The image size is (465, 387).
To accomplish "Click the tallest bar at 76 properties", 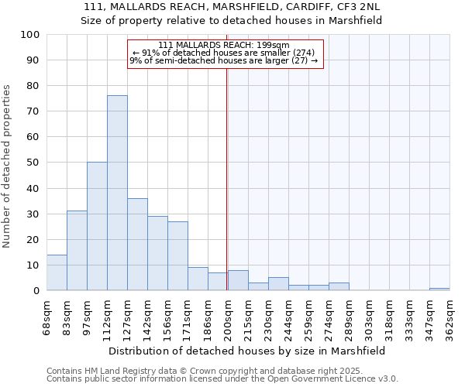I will click(117, 193).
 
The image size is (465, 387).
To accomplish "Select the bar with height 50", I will click(97, 226).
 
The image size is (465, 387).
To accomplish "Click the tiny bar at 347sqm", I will click(439, 289).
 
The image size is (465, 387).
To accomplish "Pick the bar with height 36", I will click(137, 244).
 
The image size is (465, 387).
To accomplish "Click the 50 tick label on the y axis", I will click(33, 163).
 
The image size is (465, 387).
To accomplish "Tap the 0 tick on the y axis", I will click(36, 290).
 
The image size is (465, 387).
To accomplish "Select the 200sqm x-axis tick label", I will click(228, 317).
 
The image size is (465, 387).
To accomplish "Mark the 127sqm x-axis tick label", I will click(127, 317).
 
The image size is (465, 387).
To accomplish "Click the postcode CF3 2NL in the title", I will click(359, 7).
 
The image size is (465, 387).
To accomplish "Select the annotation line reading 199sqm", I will click(223, 45).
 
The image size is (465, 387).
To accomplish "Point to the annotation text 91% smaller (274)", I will click(223, 53).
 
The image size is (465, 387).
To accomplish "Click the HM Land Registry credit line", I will click(193, 371).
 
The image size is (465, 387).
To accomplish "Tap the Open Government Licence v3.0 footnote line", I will click(222, 378).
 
